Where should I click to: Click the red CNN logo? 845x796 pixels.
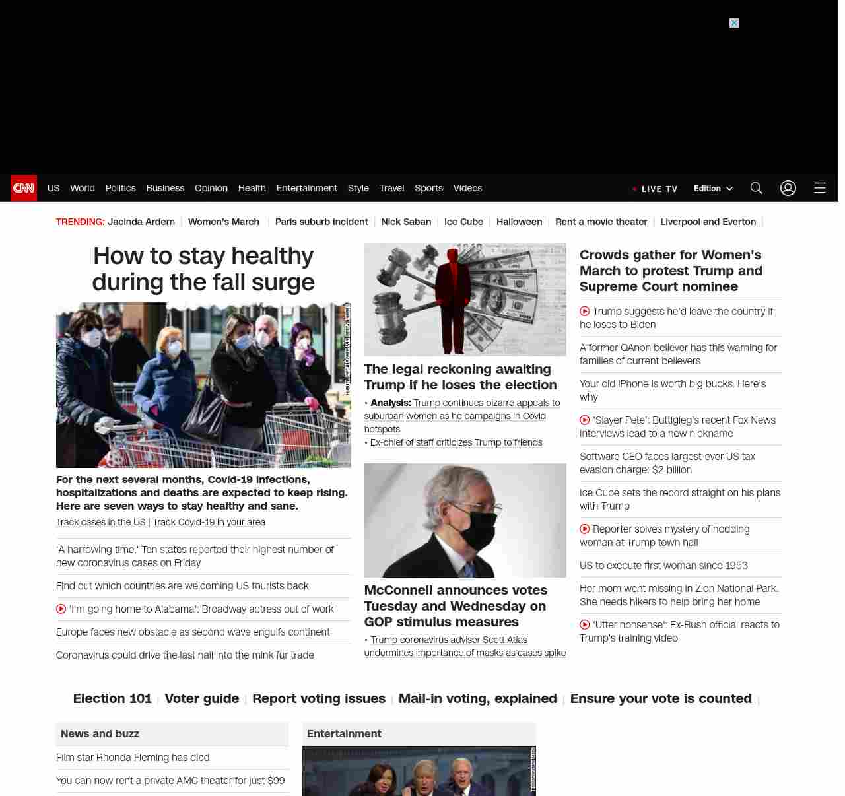[x=24, y=188]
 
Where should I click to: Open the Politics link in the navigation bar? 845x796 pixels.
[x=120, y=188]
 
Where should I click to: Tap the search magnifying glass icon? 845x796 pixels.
[x=757, y=188]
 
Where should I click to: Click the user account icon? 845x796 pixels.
[x=788, y=188]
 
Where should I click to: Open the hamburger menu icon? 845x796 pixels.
[x=820, y=188]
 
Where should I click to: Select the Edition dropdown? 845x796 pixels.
[x=713, y=189]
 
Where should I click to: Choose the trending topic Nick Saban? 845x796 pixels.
[x=406, y=222]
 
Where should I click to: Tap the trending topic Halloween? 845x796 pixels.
[x=519, y=222]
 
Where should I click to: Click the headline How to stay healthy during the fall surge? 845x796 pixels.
[x=203, y=269]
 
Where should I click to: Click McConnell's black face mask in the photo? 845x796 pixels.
[x=477, y=529]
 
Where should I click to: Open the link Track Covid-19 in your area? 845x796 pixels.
[x=209, y=522]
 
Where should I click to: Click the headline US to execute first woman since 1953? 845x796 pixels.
[x=663, y=566]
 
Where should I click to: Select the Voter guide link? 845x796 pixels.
[x=202, y=698]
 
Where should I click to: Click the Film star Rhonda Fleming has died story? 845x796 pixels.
[x=133, y=758]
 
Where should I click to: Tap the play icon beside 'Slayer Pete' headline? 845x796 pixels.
[x=584, y=420]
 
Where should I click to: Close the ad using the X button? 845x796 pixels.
[x=734, y=23]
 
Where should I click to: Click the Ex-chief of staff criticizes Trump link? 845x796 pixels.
[x=456, y=443]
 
